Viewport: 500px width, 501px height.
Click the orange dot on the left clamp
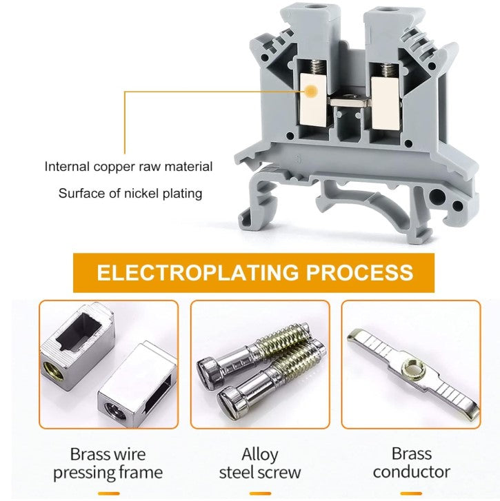pos(311,90)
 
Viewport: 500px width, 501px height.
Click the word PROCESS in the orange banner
pos(359,272)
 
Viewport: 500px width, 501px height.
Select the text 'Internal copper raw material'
pos(128,167)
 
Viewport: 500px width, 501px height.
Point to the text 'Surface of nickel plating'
pos(130,194)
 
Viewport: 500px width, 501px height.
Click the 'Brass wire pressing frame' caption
pos(108,463)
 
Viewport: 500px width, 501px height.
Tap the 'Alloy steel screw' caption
pos(260,463)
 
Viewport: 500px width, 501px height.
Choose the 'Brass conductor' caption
pos(412,463)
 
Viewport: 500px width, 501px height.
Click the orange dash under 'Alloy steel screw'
pos(260,494)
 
